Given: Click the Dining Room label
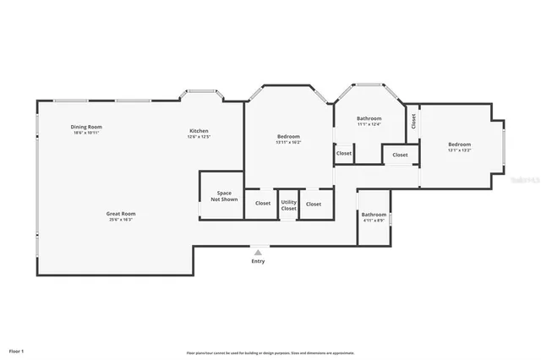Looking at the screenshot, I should (86, 127).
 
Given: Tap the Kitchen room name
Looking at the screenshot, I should (199, 131).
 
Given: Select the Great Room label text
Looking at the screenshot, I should (121, 214).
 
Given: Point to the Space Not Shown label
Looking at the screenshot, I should (224, 196).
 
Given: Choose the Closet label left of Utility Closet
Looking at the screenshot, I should (263, 204).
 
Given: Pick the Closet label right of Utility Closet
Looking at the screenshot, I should (314, 204).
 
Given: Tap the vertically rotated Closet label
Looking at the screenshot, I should (413, 121).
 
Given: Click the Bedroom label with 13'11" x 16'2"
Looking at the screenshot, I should (288, 136).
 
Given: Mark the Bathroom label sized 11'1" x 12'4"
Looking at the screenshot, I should (369, 118).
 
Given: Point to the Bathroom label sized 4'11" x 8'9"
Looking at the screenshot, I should (374, 215).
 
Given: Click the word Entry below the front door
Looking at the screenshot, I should (258, 261).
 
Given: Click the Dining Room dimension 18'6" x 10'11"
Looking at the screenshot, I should (86, 133).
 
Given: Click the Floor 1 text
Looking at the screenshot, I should (17, 350).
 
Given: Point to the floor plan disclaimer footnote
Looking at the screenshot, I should (270, 352).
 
